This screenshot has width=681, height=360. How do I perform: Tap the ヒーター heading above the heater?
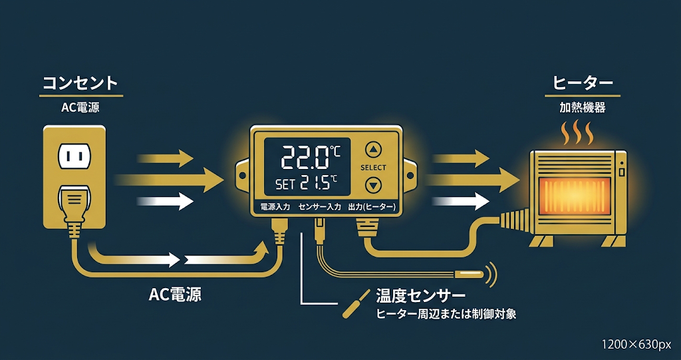coord(583,83)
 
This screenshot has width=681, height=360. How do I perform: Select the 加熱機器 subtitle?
coord(583,108)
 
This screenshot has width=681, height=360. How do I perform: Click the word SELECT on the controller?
coord(373,168)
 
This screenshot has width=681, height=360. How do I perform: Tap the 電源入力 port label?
coord(274,208)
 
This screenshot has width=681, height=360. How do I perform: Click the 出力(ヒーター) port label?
coord(372,208)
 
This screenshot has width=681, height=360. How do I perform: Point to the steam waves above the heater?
coord(577,133)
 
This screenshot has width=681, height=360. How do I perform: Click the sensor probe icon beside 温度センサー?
coord(356,303)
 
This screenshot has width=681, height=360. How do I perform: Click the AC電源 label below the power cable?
coord(175,295)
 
